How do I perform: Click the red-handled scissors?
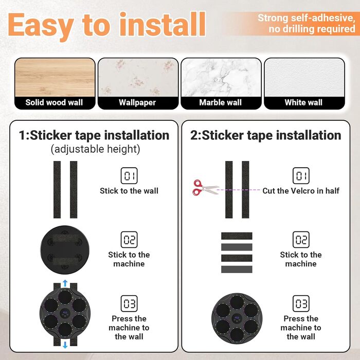[x=205, y=188]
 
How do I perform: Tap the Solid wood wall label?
[x=54, y=102]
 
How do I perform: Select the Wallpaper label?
[x=137, y=103]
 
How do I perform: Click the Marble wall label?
[x=221, y=102]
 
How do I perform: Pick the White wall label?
[x=303, y=102]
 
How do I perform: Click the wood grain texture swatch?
[x=55, y=77]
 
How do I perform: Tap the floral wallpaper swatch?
[x=138, y=77]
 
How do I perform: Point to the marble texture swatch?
[x=221, y=77]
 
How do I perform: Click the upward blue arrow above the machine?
[x=65, y=283]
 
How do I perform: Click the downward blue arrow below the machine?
[x=65, y=345]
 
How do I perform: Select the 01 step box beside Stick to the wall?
[x=129, y=176]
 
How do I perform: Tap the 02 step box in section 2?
[x=301, y=240]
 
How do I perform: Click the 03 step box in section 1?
[x=129, y=303]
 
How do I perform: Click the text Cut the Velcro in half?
[x=301, y=191]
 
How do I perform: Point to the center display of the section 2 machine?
[x=237, y=319]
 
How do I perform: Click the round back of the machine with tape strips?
[x=65, y=250]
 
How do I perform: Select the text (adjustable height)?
[x=95, y=149]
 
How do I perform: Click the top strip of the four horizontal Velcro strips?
[x=237, y=236]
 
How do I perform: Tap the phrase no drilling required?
[x=312, y=29]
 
